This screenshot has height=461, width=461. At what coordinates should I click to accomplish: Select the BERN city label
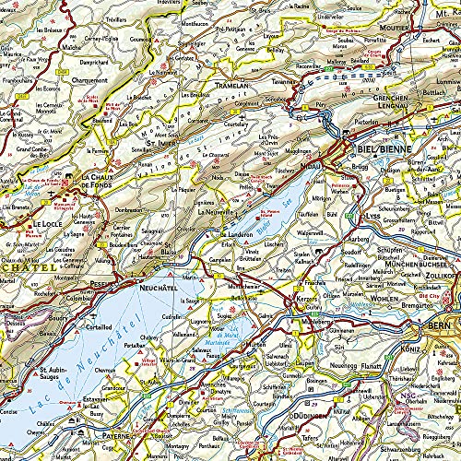pos(436,327)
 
